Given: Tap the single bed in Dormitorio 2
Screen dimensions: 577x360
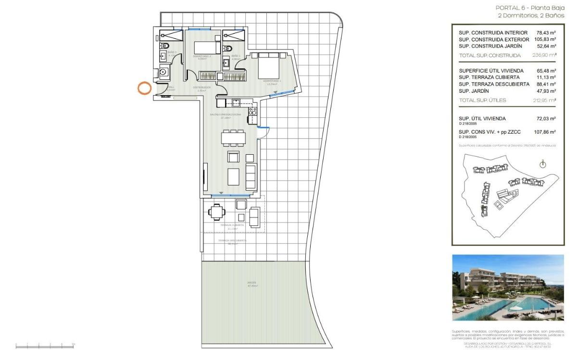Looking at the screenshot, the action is click(207, 48).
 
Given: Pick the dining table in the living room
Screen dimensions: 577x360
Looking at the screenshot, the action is click(233, 138).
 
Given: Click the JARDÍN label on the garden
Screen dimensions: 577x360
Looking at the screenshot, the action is click(252, 283).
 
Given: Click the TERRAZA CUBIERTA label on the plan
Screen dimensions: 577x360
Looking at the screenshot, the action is click(232, 225).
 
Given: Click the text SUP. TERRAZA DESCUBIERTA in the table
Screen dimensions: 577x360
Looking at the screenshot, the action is click(494, 84).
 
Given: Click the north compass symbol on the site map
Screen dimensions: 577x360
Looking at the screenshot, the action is click(543, 165).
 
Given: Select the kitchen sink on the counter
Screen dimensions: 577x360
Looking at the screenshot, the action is click(236, 102).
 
